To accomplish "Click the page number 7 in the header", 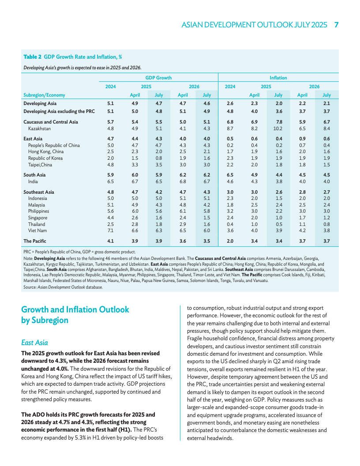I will click(x=336, y=25).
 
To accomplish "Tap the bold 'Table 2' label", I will click(x=32, y=57).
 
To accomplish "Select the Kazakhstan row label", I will click(x=39, y=128).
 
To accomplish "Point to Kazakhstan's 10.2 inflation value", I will click(x=278, y=128).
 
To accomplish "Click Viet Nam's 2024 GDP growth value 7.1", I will click(x=110, y=230).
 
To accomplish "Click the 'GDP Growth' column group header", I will click(x=158, y=78).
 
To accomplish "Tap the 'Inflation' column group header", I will click(x=278, y=78).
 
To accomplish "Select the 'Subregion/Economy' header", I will click(x=44, y=95).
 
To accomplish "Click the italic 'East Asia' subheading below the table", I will click(x=34, y=342).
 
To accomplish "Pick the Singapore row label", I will click(x=37, y=218).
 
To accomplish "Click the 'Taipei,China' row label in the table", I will click(x=40, y=165).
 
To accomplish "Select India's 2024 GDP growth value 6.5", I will click(x=110, y=181).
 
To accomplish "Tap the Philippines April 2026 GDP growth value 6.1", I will click(x=183, y=211).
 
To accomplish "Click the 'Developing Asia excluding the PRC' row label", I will click(x=59, y=111).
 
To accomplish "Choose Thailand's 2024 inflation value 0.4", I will click(x=230, y=224).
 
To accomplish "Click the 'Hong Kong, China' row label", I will click(x=46, y=151).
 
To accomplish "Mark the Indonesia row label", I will click(x=37, y=199).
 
